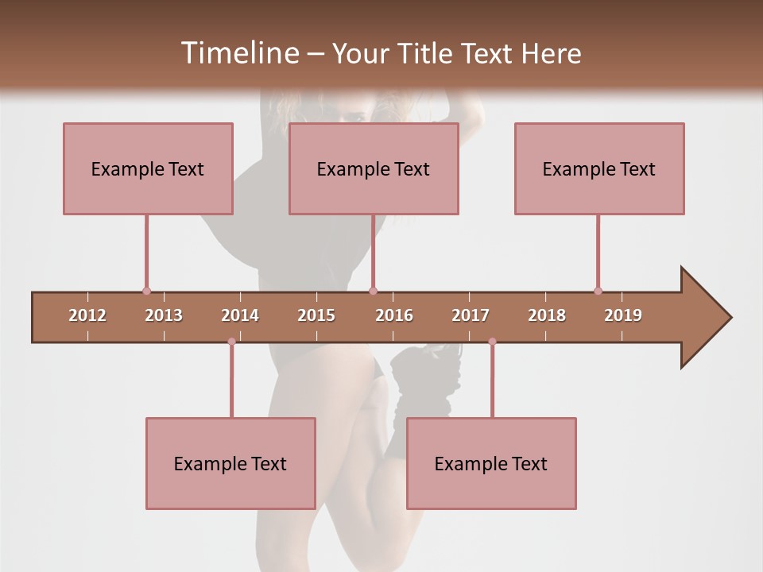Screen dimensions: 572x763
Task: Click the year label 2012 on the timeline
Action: pyautogui.click(x=87, y=315)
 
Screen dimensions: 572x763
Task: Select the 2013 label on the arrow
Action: pyautogui.click(x=164, y=315)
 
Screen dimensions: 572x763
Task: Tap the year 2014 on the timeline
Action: pyautogui.click(x=240, y=315)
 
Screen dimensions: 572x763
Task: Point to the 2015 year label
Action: pyautogui.click(x=316, y=315)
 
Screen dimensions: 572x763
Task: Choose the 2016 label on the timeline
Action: pyautogui.click(x=394, y=315)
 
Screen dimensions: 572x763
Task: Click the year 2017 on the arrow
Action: pyautogui.click(x=471, y=315)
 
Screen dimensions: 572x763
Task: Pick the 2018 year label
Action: pyautogui.click(x=547, y=315)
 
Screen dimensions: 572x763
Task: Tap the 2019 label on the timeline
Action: pyautogui.click(x=623, y=315)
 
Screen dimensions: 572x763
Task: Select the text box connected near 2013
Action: pyautogui.click(x=148, y=168)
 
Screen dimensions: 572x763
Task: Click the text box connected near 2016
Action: pyautogui.click(x=374, y=168)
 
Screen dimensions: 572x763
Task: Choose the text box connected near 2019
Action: pyautogui.click(x=599, y=168)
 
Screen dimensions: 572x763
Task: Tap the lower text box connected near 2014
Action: pyautogui.click(x=230, y=463)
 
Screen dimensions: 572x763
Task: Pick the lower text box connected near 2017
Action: pyautogui.click(x=491, y=463)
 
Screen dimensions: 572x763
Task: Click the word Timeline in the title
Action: pyautogui.click(x=238, y=53)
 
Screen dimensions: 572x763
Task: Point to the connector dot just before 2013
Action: pyautogui.click(x=146, y=291)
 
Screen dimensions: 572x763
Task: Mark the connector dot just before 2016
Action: pyautogui.click(x=373, y=291)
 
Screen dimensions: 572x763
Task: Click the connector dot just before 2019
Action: pyautogui.click(x=598, y=291)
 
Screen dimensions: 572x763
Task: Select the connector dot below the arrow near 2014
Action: pyautogui.click(x=231, y=342)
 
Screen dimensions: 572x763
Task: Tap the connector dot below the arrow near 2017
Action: pyautogui.click(x=492, y=342)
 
